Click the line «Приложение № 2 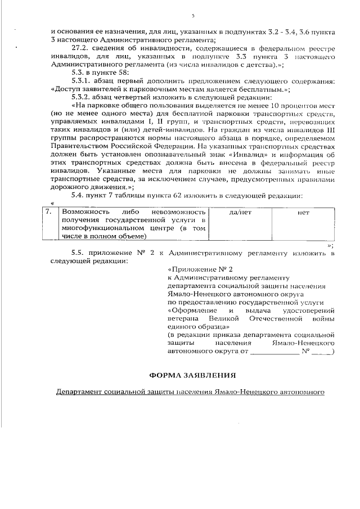coord(200,269)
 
